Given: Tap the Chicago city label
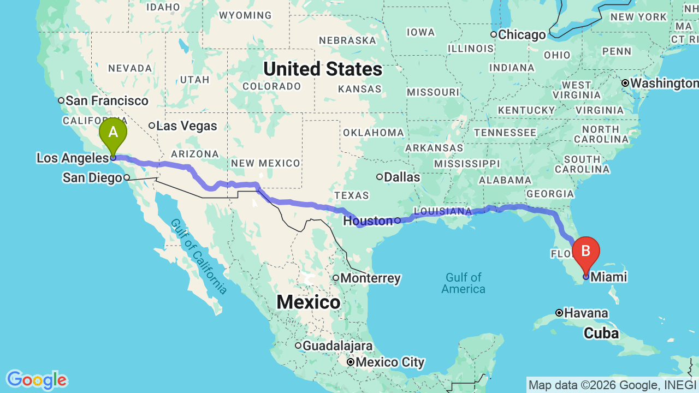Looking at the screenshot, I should coord(522,35).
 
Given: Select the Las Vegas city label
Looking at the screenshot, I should coord(186,126).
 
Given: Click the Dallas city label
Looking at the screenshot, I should coord(402,177).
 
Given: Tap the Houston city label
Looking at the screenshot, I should coord(368,221).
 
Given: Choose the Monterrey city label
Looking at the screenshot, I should coord(370,278).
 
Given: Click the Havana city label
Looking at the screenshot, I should coord(586,313).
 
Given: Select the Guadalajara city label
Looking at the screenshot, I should coord(337,346).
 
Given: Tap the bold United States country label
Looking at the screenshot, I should coord(323,69).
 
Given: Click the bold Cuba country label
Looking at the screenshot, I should coord(601,333).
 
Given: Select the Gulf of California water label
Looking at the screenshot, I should coord(198,256).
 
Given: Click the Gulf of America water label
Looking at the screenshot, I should coord(463,283).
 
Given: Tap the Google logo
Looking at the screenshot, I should coord(37,380).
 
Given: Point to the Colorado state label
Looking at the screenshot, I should coord(271,86).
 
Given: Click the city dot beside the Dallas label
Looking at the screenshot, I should coord(380,177).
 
